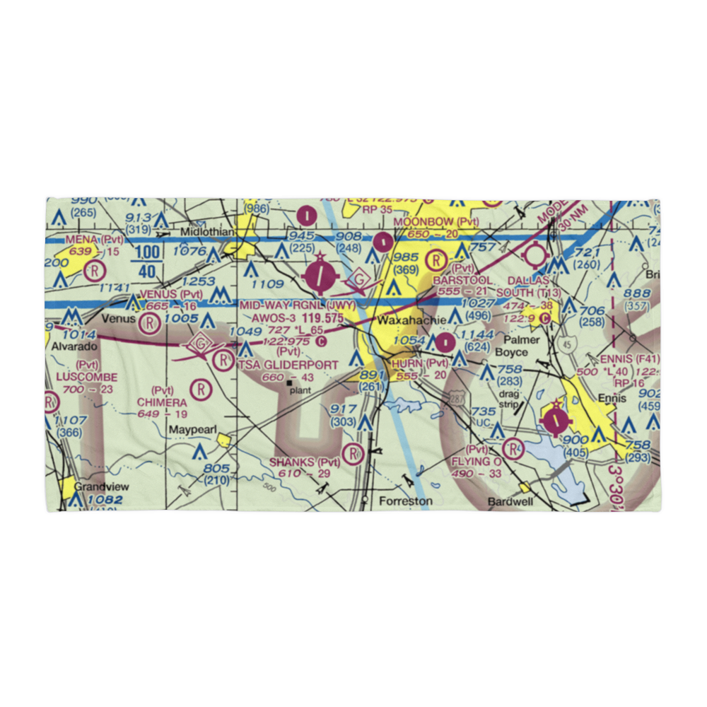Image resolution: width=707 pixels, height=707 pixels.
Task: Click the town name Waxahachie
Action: [x=412, y=320]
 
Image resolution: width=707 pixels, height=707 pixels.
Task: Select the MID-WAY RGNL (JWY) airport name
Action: [x=296, y=305]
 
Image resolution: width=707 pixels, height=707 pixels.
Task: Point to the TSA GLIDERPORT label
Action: [x=288, y=364]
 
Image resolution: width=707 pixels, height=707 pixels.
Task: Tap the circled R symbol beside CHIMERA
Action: [x=202, y=388]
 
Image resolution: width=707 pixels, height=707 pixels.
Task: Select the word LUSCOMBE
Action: [x=86, y=378]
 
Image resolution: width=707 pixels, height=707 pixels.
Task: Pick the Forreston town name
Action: [x=405, y=501]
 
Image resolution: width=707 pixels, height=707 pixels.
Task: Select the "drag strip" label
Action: [x=508, y=399]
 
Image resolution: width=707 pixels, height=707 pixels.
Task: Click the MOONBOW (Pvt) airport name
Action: [x=436, y=222]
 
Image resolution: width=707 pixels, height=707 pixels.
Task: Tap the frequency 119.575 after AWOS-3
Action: [x=318, y=319]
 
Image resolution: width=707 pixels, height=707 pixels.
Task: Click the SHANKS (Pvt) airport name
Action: [x=305, y=462]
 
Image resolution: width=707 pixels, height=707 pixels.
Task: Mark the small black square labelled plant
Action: [x=289, y=383]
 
